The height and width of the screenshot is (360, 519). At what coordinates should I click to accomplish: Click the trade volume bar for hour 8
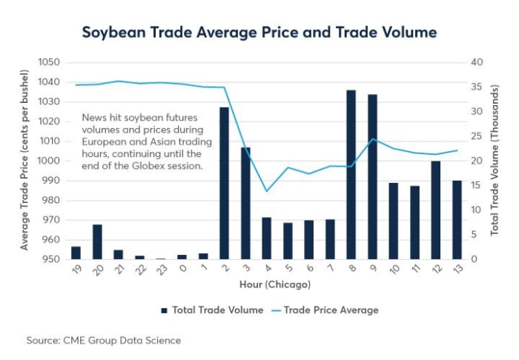[x=351, y=175]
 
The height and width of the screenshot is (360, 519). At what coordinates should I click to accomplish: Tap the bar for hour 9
[x=373, y=177]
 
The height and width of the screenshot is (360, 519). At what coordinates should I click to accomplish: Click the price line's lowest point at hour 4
[x=267, y=191]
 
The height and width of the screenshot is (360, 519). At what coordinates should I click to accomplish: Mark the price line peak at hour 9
[x=373, y=139]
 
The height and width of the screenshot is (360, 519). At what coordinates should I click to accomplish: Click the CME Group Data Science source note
[x=103, y=340]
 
